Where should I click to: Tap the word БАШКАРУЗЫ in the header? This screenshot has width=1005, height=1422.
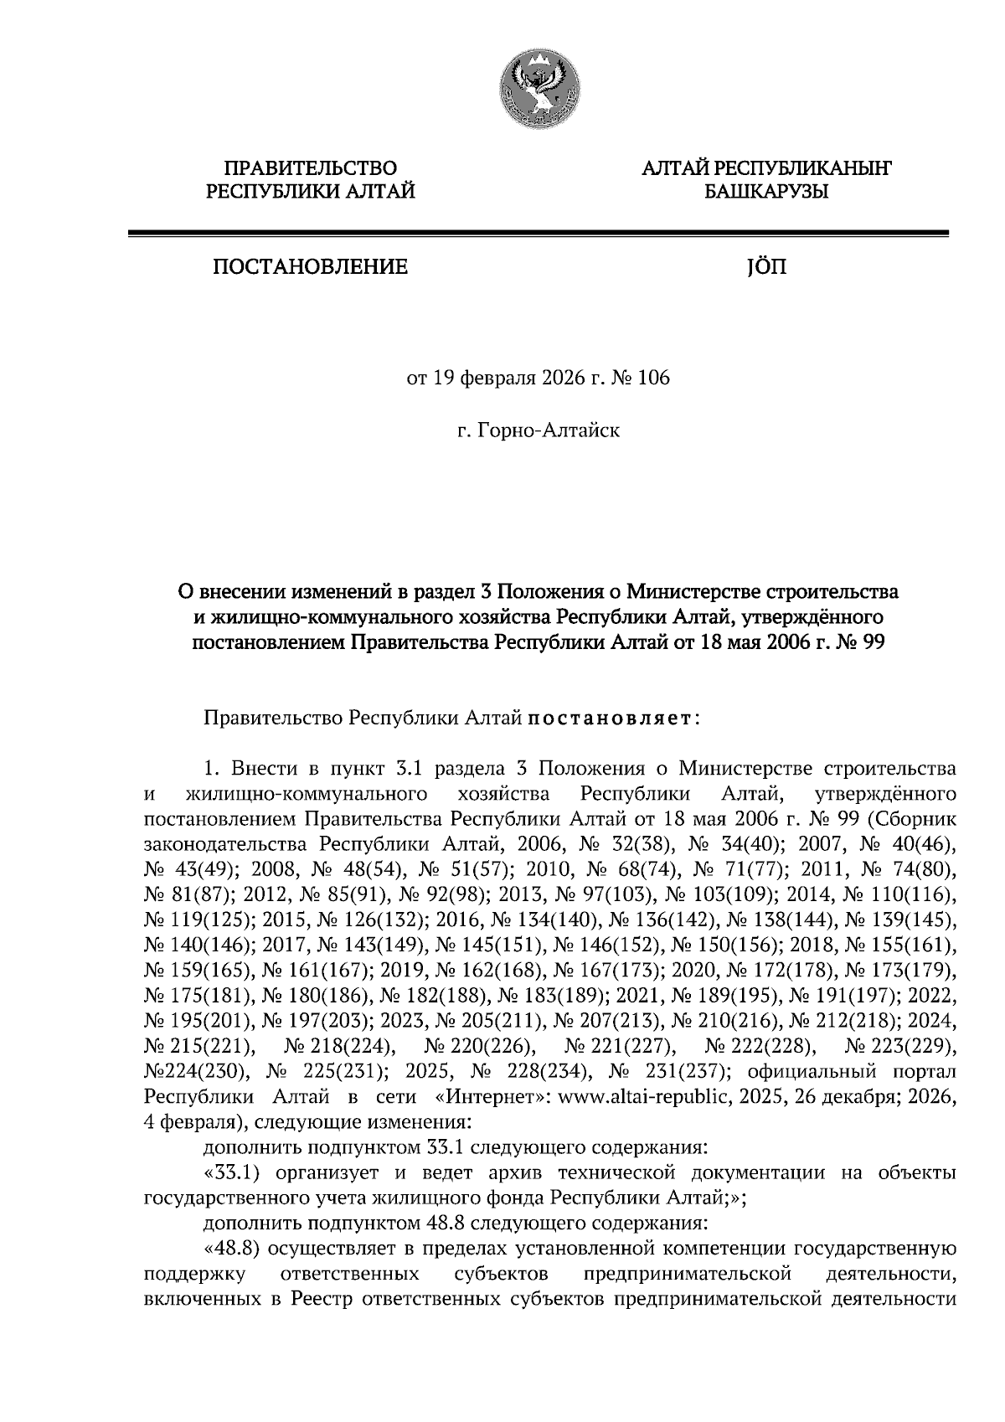point(765,193)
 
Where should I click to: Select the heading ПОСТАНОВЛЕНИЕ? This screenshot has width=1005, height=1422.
point(311,268)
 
